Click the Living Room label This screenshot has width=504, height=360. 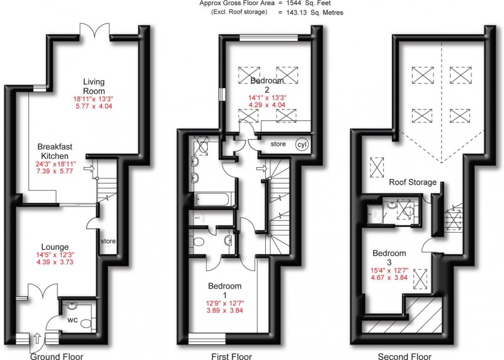tap(94, 86)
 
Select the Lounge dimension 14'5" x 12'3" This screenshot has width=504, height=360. tap(56, 256)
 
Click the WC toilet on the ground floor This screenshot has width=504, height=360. tap(86, 324)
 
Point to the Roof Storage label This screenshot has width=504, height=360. tap(413, 182)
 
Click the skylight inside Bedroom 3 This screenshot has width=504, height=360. tap(420, 278)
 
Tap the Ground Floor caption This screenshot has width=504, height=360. tap(57, 356)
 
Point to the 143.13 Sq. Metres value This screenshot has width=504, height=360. tap(312, 12)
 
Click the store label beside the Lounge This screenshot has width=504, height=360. tap(108, 240)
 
